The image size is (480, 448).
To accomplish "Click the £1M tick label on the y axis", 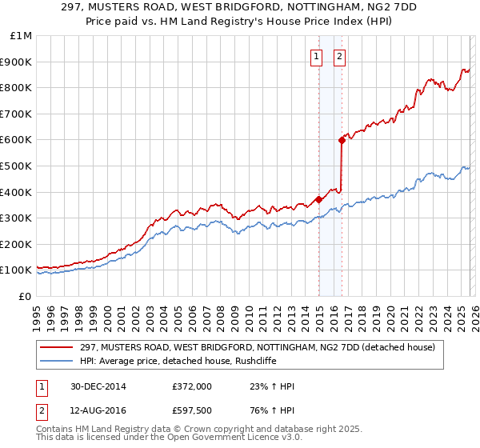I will [x=22, y=36].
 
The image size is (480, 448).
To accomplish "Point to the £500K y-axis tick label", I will [x=18, y=166].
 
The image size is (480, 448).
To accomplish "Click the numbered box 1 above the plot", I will [x=317, y=56].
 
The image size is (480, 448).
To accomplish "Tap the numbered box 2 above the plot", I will [x=340, y=56].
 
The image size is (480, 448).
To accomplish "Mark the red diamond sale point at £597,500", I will [x=342, y=140].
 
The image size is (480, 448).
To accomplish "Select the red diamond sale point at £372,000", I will [x=318, y=199].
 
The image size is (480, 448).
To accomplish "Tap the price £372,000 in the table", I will [x=192, y=387].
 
